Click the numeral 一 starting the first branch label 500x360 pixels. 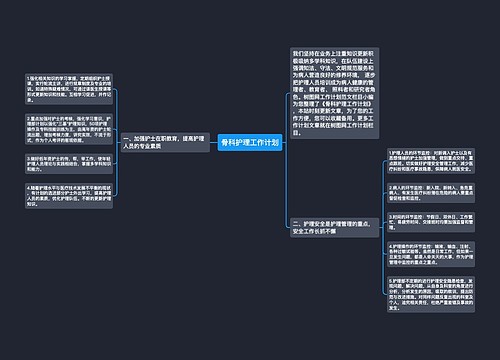click(x=125, y=137)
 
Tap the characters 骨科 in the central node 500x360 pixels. click(x=227, y=143)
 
